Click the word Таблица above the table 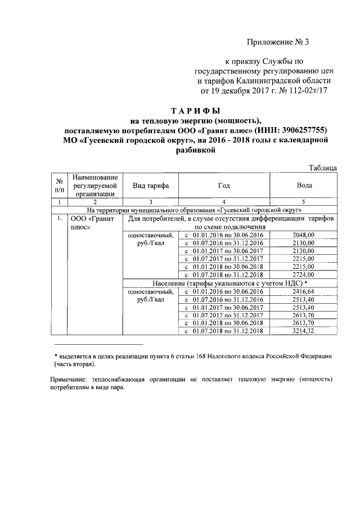point(323,168)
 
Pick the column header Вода point(304,185)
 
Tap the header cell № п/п point(58,185)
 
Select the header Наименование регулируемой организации point(94,185)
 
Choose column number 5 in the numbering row point(304,201)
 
